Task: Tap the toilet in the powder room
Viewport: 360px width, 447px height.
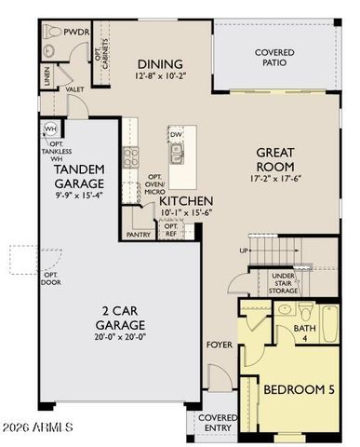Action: (x=53, y=31)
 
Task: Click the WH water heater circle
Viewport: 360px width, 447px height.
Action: (x=51, y=129)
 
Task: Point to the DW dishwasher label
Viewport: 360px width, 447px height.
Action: (x=177, y=135)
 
